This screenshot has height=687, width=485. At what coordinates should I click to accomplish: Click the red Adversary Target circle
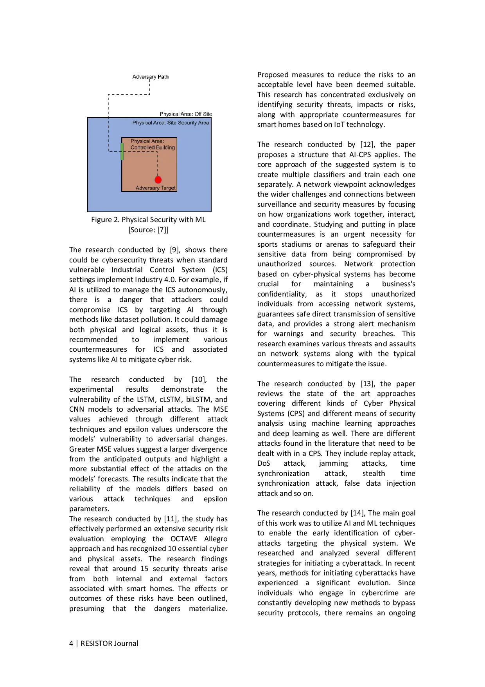[x=158, y=180]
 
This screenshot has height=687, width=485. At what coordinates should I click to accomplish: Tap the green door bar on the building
[x=122, y=152]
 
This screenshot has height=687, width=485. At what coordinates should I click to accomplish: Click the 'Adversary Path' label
[x=150, y=77]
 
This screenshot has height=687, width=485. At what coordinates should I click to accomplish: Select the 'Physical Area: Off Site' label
[x=186, y=114]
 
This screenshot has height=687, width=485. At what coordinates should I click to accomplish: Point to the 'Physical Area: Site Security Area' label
[x=171, y=123]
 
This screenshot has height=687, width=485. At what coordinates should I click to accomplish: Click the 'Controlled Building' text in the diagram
[x=153, y=148]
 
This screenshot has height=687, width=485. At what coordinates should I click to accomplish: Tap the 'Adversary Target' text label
[x=155, y=188]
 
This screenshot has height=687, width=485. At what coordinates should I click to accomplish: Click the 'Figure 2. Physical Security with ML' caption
[x=148, y=220]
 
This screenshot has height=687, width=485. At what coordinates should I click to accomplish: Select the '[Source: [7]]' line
[x=148, y=230]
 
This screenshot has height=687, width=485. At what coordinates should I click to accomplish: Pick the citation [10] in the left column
[x=199, y=380]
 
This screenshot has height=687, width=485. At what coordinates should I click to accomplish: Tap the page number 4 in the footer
[x=71, y=644]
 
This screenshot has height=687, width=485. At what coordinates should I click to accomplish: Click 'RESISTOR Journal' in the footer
[x=109, y=644]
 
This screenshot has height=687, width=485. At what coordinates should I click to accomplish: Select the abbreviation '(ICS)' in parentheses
[x=220, y=270]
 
